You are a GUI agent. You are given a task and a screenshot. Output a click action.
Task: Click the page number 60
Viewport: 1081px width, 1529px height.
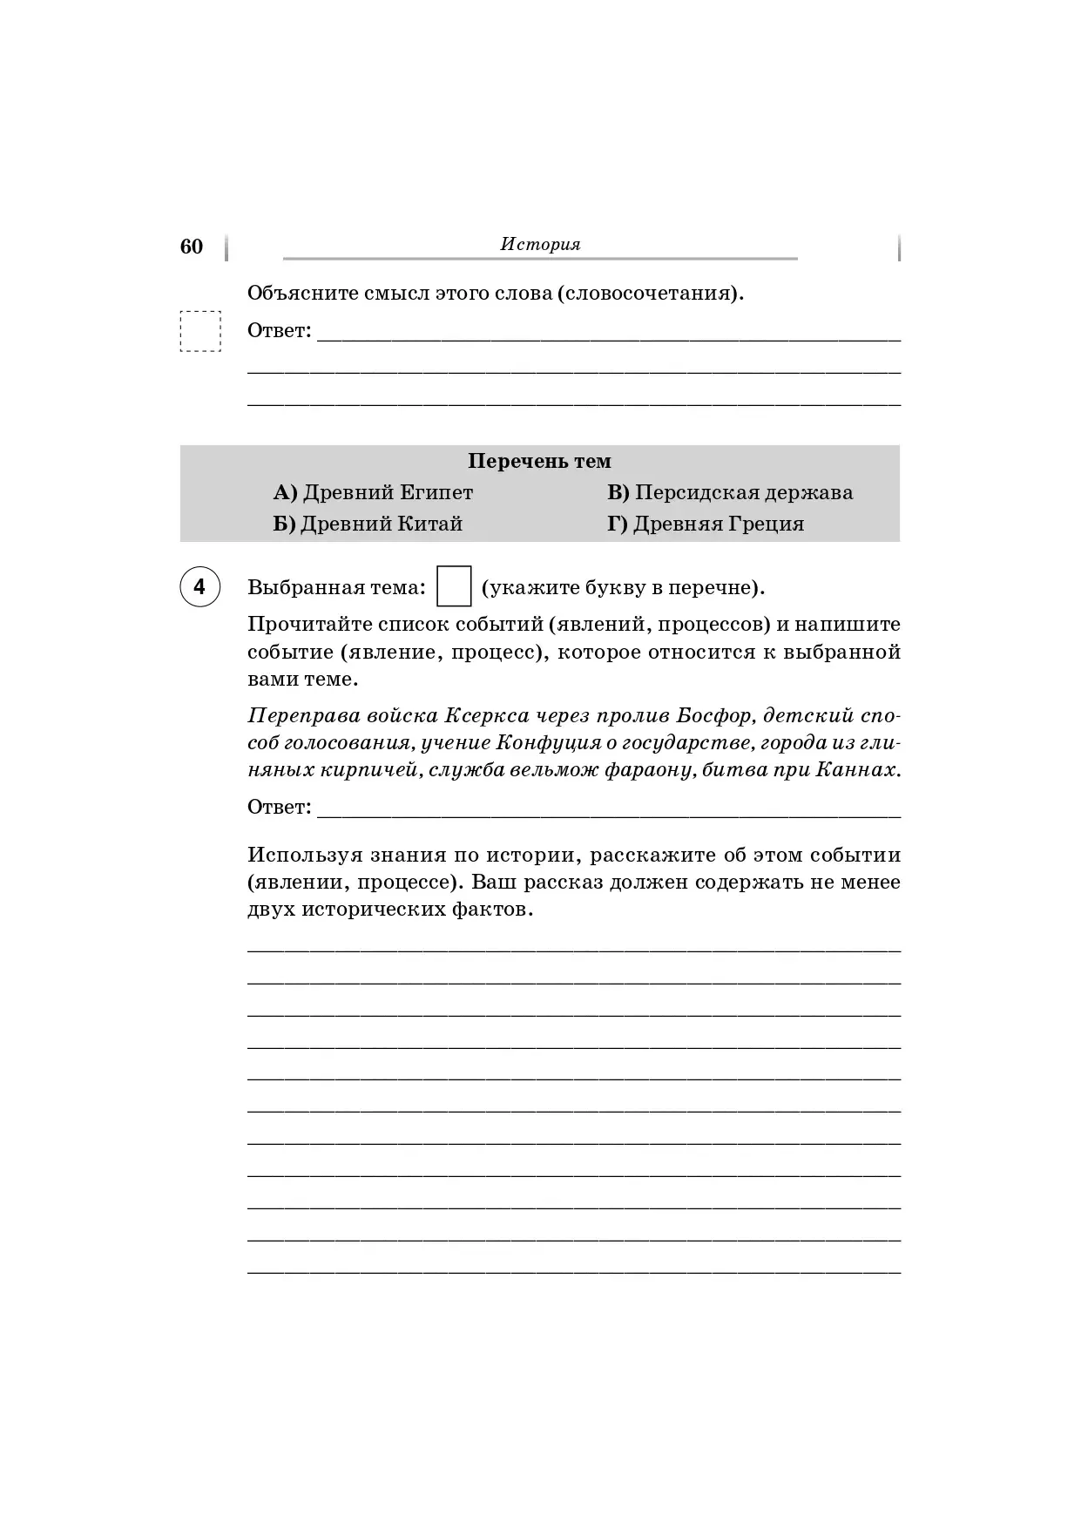tap(191, 247)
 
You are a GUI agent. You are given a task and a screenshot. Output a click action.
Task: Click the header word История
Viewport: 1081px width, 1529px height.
tap(540, 245)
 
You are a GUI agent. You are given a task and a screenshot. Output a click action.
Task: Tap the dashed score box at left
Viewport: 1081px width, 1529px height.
tap(200, 331)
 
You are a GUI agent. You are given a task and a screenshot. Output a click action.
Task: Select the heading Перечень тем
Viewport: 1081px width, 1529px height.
tap(539, 461)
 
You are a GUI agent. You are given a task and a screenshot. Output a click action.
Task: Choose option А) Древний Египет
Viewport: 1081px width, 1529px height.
tap(373, 493)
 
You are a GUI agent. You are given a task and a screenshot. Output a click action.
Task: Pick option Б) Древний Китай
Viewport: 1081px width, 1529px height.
tap(368, 524)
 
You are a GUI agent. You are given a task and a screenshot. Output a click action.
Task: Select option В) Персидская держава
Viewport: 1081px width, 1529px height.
tap(730, 493)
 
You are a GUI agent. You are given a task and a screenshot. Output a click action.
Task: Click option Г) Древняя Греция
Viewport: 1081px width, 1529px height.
tap(706, 524)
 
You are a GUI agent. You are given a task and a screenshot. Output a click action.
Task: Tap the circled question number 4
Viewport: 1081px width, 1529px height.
tap(199, 587)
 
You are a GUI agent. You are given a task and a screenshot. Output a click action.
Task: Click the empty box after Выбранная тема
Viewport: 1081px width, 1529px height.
tap(453, 586)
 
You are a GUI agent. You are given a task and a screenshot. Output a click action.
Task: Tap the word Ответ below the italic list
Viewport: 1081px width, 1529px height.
tap(279, 808)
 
